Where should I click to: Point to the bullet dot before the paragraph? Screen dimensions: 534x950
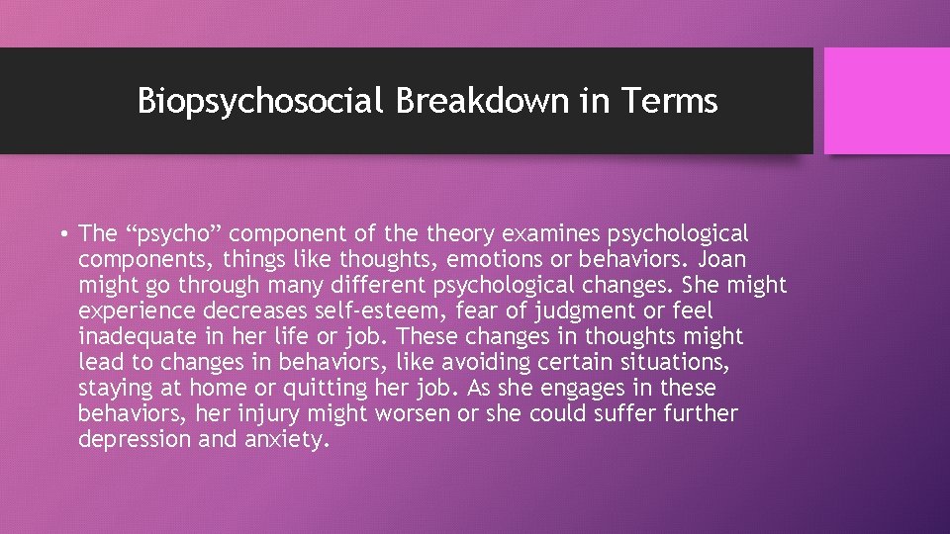(62, 235)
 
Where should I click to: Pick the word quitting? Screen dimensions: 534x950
(425, 389)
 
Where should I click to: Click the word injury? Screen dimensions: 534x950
(270, 414)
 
